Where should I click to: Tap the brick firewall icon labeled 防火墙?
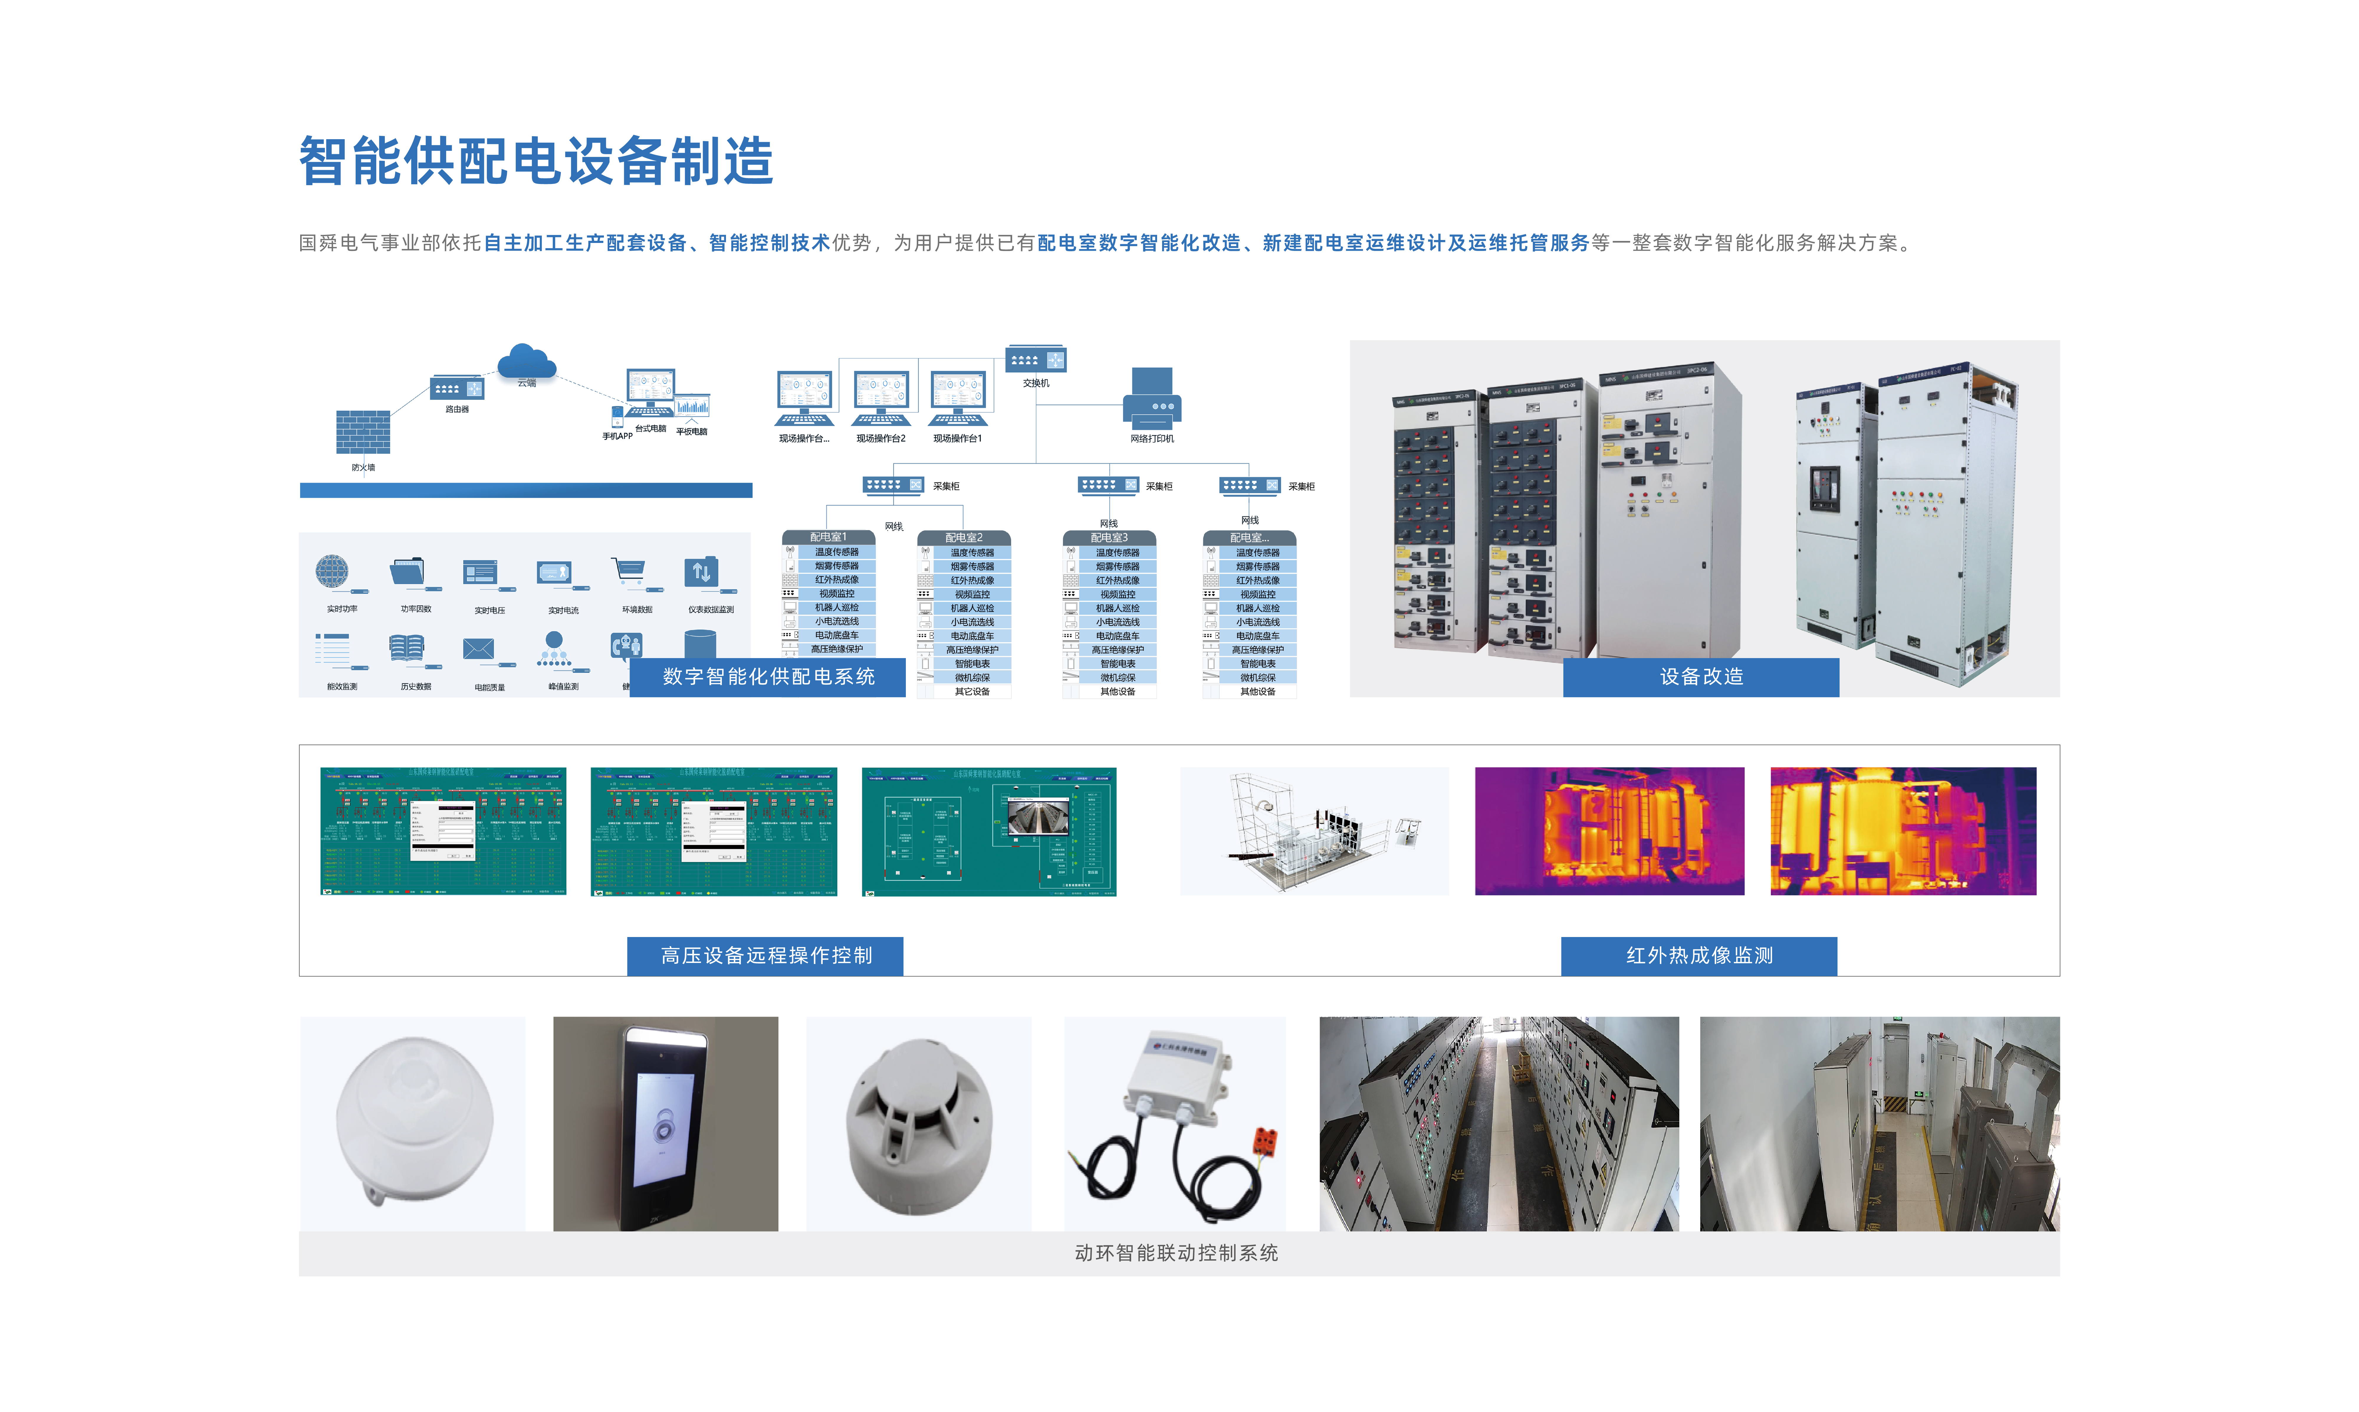pos(363,432)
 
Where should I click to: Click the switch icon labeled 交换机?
pos(1035,360)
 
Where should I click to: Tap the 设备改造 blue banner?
pos(1701,676)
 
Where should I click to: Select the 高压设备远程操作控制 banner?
pos(765,955)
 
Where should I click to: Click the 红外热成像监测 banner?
pos(1698,955)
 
